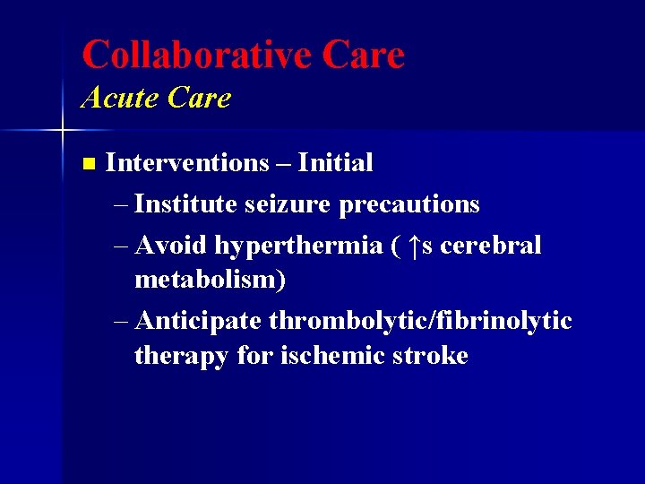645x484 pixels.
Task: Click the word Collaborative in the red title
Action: [195, 55]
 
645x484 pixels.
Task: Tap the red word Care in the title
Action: [363, 55]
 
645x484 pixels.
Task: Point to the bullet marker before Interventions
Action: [87, 164]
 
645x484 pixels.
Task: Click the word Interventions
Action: [186, 163]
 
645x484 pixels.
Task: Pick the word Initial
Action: [335, 163]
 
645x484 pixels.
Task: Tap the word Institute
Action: [186, 204]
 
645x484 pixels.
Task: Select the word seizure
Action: [288, 205]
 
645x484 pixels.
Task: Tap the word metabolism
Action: [206, 280]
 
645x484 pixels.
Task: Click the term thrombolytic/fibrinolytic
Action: [420, 321]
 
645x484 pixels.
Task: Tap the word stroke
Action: [434, 356]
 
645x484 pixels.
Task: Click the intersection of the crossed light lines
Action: [62, 131]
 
